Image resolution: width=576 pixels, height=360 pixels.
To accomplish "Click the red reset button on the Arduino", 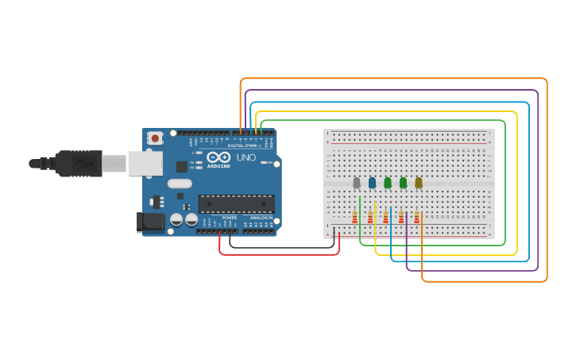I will pos(155,138).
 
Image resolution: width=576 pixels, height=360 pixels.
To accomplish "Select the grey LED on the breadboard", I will pos(357,183).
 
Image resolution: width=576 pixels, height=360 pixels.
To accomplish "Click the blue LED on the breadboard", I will pos(372,183).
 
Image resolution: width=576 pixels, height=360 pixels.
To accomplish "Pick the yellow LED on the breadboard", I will pos(419,183).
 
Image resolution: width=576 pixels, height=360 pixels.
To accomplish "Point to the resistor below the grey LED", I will pos(354,217).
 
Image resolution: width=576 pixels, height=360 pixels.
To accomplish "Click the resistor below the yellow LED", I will pos(416,217).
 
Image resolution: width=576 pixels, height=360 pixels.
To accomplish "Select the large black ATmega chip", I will pos(237,204).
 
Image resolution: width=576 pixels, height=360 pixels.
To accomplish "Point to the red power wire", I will pos(278,255).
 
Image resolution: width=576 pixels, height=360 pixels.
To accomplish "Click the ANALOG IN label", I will pos(261,218).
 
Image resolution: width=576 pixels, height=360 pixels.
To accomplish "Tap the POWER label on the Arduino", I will pos(229,218).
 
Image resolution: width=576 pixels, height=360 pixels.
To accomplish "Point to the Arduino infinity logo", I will pos(218,157).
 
